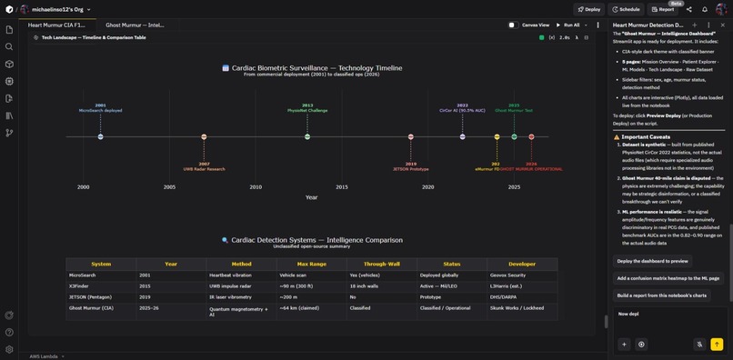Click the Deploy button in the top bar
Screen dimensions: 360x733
[x=587, y=9]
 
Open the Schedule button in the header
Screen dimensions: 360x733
[x=625, y=9]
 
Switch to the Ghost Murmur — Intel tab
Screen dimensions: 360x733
[x=135, y=25]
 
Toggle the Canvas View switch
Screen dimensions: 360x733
[x=514, y=25]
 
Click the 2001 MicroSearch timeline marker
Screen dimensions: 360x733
[x=100, y=137]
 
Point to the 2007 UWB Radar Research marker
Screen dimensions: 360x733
[x=204, y=137]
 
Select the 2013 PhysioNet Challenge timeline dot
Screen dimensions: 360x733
[x=307, y=137]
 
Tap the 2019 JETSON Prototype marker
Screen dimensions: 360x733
[x=411, y=137]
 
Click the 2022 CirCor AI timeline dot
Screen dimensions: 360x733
[x=463, y=137]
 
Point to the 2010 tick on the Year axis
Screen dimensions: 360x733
[x=256, y=187]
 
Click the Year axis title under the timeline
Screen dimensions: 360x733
[x=311, y=197]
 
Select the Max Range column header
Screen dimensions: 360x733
[x=312, y=264]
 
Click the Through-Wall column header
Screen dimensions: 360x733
[x=381, y=264]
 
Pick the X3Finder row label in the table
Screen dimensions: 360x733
[x=78, y=286]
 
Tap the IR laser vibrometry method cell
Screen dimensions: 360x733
[x=231, y=297]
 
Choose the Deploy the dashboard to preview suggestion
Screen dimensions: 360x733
[x=652, y=261]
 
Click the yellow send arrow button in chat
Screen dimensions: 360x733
[x=717, y=345]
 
